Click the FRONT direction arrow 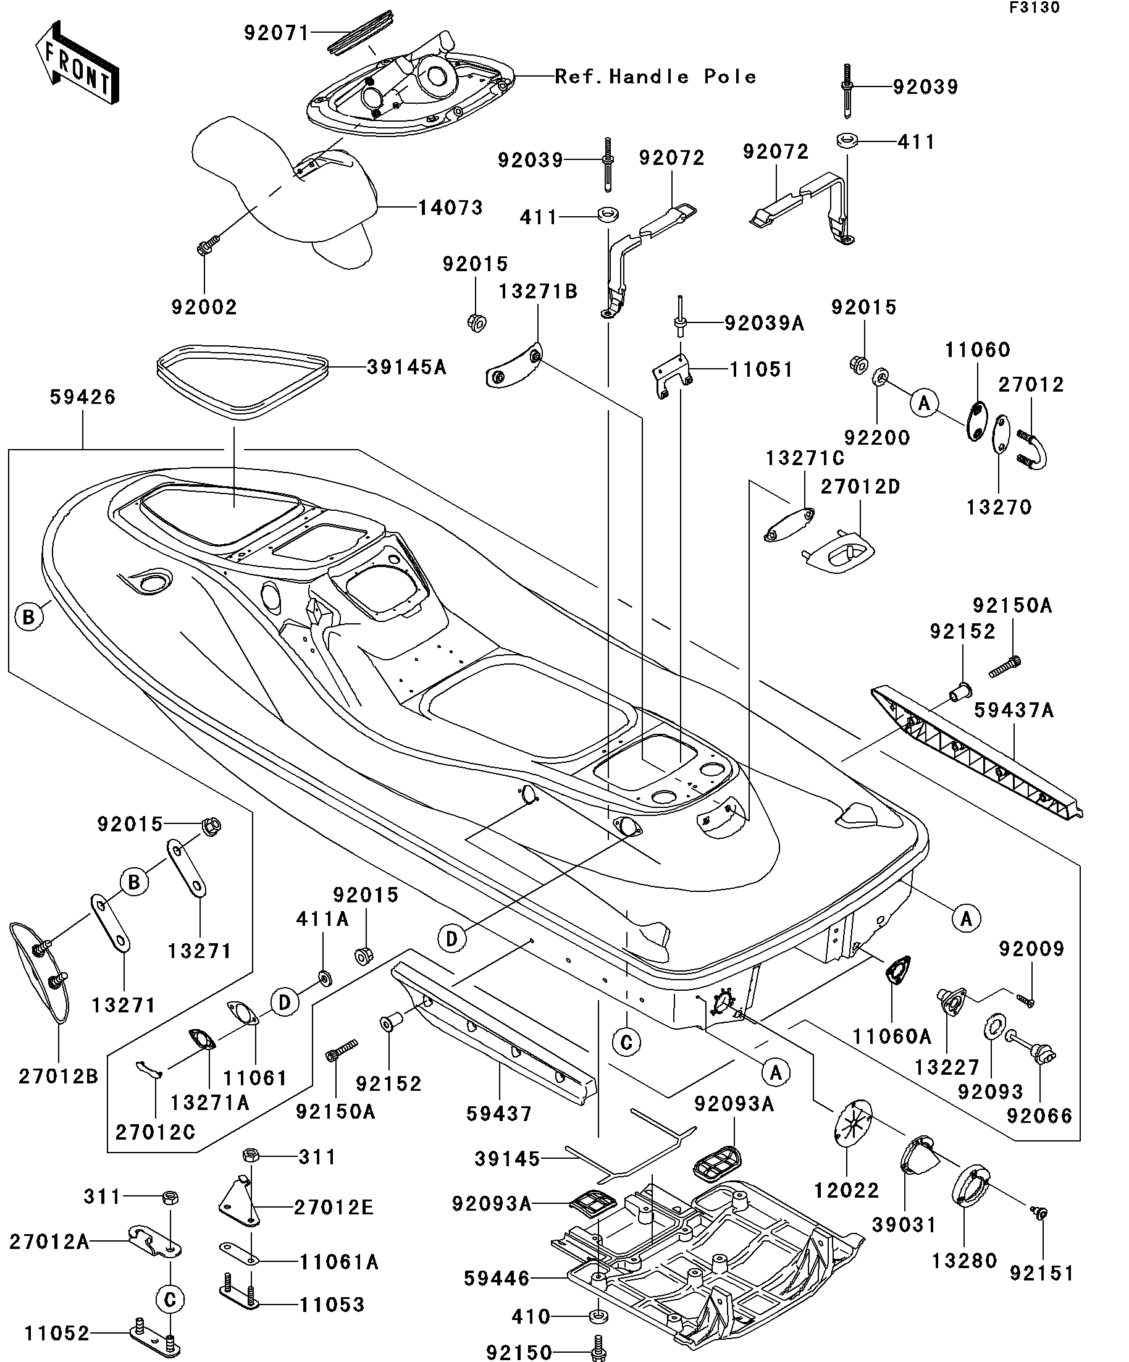click(76, 62)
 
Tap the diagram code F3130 click(1034, 9)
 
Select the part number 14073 click(450, 208)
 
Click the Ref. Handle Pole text click(655, 77)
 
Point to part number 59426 click(82, 397)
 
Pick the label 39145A click(406, 367)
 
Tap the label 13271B click(537, 291)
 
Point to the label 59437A click(1014, 710)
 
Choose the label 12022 click(846, 1190)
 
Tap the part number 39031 click(904, 1224)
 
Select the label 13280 click(964, 1261)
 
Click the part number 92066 click(1039, 1116)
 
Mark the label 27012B click(58, 1076)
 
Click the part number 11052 click(56, 1334)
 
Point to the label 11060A click(891, 1036)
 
